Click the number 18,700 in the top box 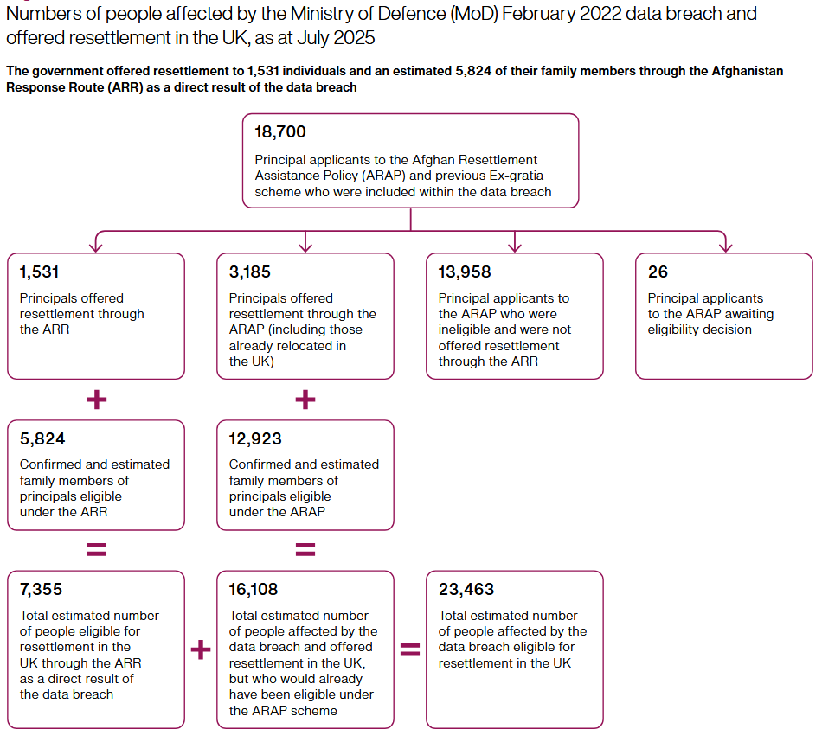pos(280,132)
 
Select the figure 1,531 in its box pos(39,272)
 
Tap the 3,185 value pos(249,272)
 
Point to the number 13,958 pos(465,272)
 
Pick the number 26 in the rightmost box pos(658,272)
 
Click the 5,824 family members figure pos(42,438)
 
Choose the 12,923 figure pos(255,438)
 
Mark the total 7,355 pos(41,589)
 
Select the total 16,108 pos(254,589)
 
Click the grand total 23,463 pos(466,589)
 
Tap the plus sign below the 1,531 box pos(96,400)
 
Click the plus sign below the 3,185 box pos(305,400)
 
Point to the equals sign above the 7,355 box pos(96,549)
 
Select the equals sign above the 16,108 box pos(305,549)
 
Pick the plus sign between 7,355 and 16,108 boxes pos(200,649)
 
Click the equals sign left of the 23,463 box pos(410,649)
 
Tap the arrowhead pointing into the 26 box pos(726,246)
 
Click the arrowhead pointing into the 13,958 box pos(515,246)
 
